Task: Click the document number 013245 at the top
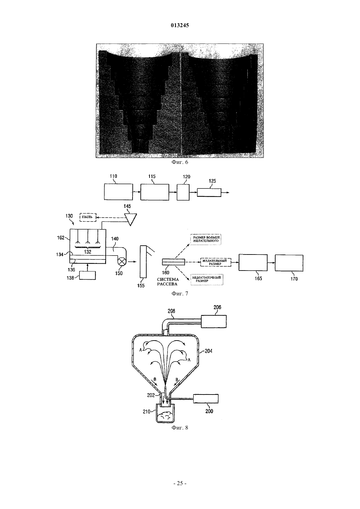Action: pyautogui.click(x=180, y=25)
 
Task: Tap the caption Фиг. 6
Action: pyautogui.click(x=180, y=162)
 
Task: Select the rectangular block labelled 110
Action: pyautogui.click(x=118, y=192)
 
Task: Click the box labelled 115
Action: pyautogui.click(x=154, y=192)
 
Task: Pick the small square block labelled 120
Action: pyautogui.click(x=183, y=192)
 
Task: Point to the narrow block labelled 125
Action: pyautogui.click(x=209, y=192)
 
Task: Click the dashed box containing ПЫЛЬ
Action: pyautogui.click(x=88, y=217)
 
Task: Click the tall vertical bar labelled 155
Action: pyautogui.click(x=143, y=262)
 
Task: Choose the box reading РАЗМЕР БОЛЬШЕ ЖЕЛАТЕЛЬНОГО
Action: pyautogui.click(x=206, y=239)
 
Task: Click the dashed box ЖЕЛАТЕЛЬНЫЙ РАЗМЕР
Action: pyautogui.click(x=215, y=262)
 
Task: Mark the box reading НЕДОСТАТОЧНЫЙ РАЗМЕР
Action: pyautogui.click(x=207, y=279)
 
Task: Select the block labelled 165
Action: pyautogui.click(x=253, y=262)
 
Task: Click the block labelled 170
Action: pyautogui.click(x=289, y=263)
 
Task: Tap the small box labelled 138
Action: pyautogui.click(x=87, y=275)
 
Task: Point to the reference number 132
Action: pyautogui.click(x=88, y=252)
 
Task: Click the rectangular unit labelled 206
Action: pyautogui.click(x=214, y=321)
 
